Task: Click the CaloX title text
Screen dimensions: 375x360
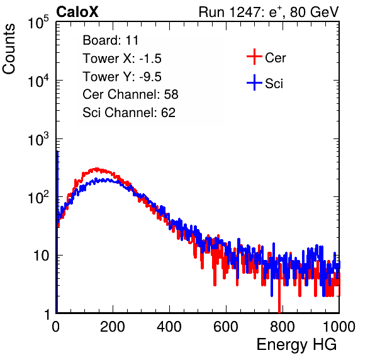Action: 77,12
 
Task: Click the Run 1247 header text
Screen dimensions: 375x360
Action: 269,12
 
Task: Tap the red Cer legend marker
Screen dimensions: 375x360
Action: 254,57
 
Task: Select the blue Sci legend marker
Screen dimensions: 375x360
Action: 254,82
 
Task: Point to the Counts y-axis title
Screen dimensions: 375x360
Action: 9,49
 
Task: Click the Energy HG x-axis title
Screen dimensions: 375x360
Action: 296,345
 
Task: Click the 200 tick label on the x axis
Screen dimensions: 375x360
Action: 113,327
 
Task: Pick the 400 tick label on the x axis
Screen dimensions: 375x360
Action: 169,327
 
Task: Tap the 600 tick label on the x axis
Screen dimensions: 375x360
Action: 226,327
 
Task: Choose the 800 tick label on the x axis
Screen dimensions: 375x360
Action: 283,327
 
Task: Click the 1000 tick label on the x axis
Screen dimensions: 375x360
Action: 339,327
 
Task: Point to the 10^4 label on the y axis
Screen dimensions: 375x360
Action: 38,81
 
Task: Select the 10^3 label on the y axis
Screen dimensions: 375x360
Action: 38,139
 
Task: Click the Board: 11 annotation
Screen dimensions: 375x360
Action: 111,40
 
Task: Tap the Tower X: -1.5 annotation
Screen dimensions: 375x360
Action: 122,59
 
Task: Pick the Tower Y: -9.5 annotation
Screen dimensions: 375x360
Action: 122,77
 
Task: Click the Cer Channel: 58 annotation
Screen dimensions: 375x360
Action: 130,94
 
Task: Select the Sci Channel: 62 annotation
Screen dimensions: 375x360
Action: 129,113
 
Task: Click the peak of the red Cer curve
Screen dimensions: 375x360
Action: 96,169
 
